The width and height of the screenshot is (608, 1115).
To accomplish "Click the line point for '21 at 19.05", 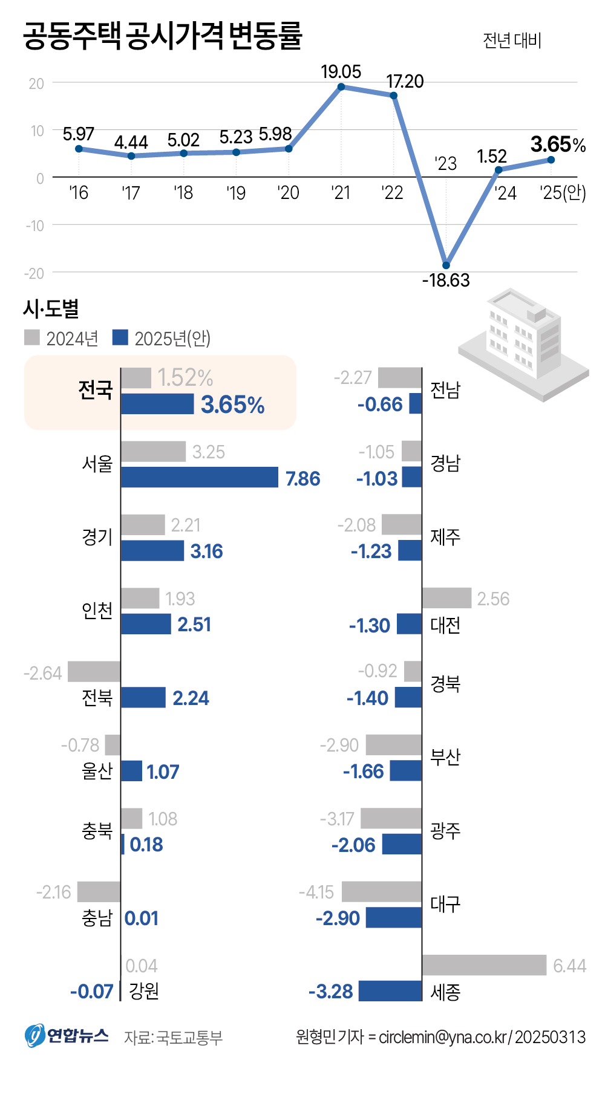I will (x=341, y=87).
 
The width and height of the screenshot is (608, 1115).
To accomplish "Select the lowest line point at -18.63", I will (x=446, y=265).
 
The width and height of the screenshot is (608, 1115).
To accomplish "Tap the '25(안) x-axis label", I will (x=563, y=193).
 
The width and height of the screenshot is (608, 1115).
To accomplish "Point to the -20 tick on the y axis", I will (x=34, y=273).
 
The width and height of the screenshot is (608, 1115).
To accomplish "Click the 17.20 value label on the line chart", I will (x=405, y=81).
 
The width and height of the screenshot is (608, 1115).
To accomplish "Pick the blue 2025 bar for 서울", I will (x=200, y=477).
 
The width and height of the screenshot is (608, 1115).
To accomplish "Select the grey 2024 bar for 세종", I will (x=484, y=965).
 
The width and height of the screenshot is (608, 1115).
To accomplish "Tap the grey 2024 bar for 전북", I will (x=94, y=672).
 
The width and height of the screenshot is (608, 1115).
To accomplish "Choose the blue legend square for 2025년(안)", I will (x=120, y=337).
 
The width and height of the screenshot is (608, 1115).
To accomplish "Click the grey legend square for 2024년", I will (x=32, y=337).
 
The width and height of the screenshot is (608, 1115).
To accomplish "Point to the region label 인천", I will (x=97, y=611).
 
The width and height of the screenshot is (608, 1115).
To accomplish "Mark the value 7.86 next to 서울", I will (x=302, y=478).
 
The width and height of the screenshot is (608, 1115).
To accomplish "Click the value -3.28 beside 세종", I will (x=331, y=992).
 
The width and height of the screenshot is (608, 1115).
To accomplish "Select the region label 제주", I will (x=445, y=536).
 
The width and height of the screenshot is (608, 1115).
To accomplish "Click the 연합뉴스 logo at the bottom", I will (x=67, y=1036).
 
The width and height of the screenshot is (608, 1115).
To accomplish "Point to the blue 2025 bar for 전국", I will (x=157, y=404).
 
